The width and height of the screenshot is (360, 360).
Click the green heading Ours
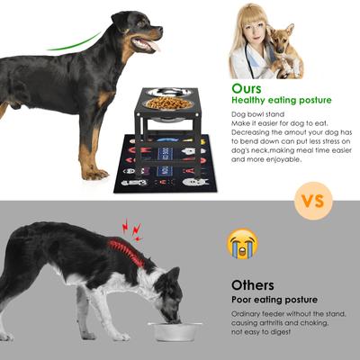coord(247,88)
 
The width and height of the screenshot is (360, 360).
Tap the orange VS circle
coord(311,201)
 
